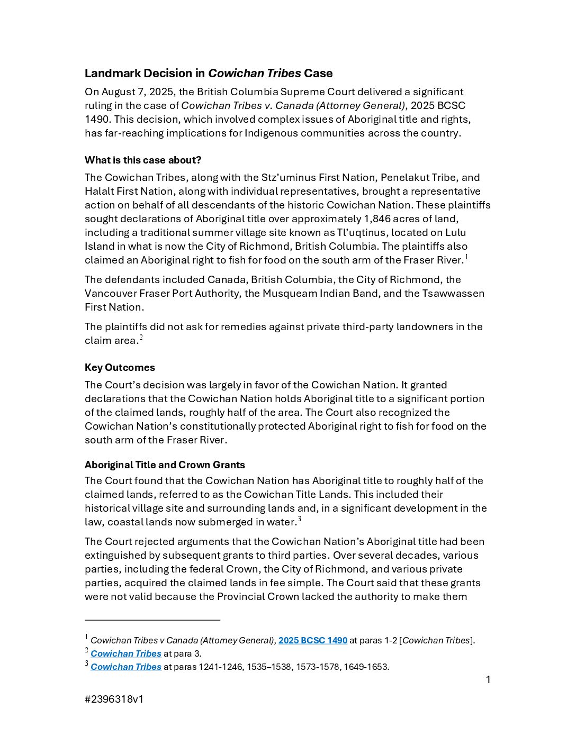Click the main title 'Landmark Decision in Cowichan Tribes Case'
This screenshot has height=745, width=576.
(209, 73)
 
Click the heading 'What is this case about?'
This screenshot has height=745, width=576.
(143, 160)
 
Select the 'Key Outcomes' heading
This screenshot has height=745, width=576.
(120, 367)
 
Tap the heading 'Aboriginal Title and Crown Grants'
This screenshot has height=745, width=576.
(165, 465)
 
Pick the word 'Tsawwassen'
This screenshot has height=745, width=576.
(453, 293)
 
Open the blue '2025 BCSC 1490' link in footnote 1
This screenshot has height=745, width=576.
(313, 640)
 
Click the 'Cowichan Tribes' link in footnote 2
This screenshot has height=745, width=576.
(126, 653)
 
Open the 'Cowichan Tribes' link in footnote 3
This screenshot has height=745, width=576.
(126, 667)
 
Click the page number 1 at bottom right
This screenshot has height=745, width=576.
(488, 679)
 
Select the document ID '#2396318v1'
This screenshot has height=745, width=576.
(114, 699)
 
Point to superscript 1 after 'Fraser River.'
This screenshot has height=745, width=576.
(466, 257)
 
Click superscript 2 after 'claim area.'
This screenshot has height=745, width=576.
(141, 338)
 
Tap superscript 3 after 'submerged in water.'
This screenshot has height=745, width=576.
(299, 519)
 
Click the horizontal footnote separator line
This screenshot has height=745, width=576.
(152, 620)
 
